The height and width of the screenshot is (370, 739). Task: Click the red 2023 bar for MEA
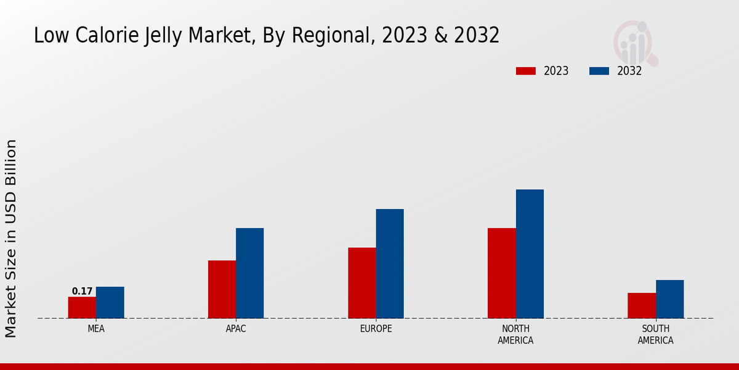click(x=82, y=308)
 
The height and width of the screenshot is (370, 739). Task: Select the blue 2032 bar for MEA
click(x=110, y=303)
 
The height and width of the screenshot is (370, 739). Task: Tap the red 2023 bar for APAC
click(x=222, y=289)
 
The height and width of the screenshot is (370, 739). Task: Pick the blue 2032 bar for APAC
click(x=249, y=273)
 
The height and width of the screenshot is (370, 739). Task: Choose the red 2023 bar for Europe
click(x=361, y=283)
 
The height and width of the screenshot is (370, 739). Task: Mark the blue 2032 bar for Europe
click(x=390, y=264)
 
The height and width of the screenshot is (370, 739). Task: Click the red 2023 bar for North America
click(x=501, y=273)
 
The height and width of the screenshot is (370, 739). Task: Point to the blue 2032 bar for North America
click(x=530, y=254)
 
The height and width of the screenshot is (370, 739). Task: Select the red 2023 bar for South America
click(x=642, y=306)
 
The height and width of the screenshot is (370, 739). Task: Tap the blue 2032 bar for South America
click(x=669, y=299)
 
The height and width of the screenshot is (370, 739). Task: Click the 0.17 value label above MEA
click(x=82, y=291)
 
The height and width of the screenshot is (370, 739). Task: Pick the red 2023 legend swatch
click(x=526, y=71)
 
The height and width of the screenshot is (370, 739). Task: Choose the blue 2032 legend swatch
click(x=599, y=71)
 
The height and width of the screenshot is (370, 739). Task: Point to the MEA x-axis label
click(x=96, y=329)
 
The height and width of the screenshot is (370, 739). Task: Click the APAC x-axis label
click(x=236, y=329)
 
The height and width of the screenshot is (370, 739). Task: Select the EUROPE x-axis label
click(x=376, y=329)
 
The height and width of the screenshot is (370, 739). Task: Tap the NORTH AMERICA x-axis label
click(x=516, y=334)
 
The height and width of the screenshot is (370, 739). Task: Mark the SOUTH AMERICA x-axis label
click(x=656, y=334)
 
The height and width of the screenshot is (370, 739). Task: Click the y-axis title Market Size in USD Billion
click(x=11, y=238)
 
